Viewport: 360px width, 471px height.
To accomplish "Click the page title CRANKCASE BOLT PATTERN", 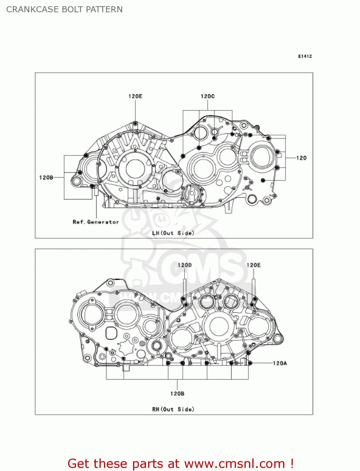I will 64,9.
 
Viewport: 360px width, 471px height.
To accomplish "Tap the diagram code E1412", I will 305,56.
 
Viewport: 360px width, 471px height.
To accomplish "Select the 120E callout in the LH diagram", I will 135,96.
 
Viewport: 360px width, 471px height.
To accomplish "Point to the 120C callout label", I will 207,96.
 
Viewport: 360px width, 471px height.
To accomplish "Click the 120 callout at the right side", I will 301,158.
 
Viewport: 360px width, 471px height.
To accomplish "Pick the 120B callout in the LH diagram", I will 46,178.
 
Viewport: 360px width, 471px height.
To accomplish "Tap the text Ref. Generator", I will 96,222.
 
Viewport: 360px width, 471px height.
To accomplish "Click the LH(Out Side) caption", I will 173,233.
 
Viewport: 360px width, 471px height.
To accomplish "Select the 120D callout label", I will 185,265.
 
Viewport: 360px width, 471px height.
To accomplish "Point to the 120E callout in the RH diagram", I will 254,265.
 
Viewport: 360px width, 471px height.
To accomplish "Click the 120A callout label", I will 280,363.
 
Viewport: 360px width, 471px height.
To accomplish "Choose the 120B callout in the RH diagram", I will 177,393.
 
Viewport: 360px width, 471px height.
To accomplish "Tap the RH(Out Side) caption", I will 173,409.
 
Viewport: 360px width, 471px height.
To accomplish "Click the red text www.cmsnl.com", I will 234,463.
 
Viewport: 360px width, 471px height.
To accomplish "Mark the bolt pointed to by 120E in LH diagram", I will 135,123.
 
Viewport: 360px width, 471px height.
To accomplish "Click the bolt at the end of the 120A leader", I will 250,363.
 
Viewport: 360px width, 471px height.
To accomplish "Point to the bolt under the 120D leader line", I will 184,299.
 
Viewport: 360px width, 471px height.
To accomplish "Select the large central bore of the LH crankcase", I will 135,168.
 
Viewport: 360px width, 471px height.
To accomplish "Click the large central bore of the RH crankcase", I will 219,327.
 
